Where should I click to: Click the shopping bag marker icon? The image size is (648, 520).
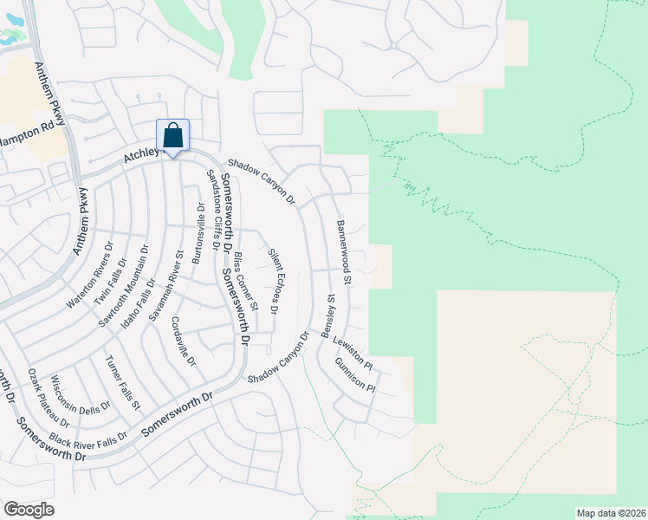coord(172,136)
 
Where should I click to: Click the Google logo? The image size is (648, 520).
coord(29,509)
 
